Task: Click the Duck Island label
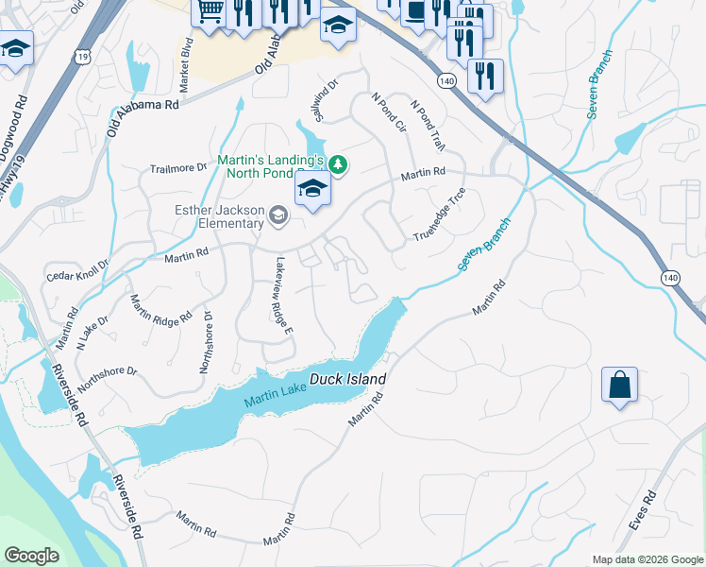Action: [x=348, y=379]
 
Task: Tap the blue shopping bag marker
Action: [x=619, y=386]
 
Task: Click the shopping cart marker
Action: [x=209, y=12]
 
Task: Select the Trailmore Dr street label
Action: [x=178, y=168]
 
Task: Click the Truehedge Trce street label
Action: [x=440, y=215]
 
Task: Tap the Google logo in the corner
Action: [x=32, y=556]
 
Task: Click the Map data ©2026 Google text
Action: [x=647, y=559]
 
